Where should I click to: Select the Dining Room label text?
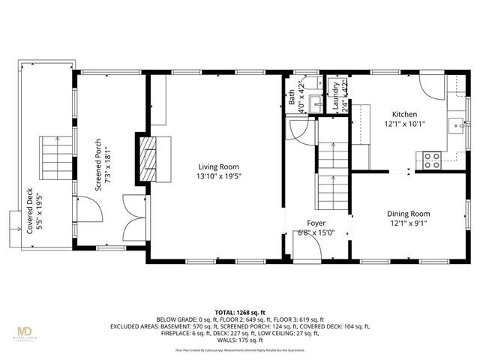pyautogui.click(x=408, y=214)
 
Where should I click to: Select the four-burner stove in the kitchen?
pyautogui.click(x=433, y=159)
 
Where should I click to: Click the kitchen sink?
pyautogui.click(x=455, y=125)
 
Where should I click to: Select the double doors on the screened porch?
pyautogui.click(x=134, y=212)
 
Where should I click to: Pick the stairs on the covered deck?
pyautogui.click(x=52, y=157)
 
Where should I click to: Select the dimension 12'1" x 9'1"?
pyautogui.click(x=408, y=223)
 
